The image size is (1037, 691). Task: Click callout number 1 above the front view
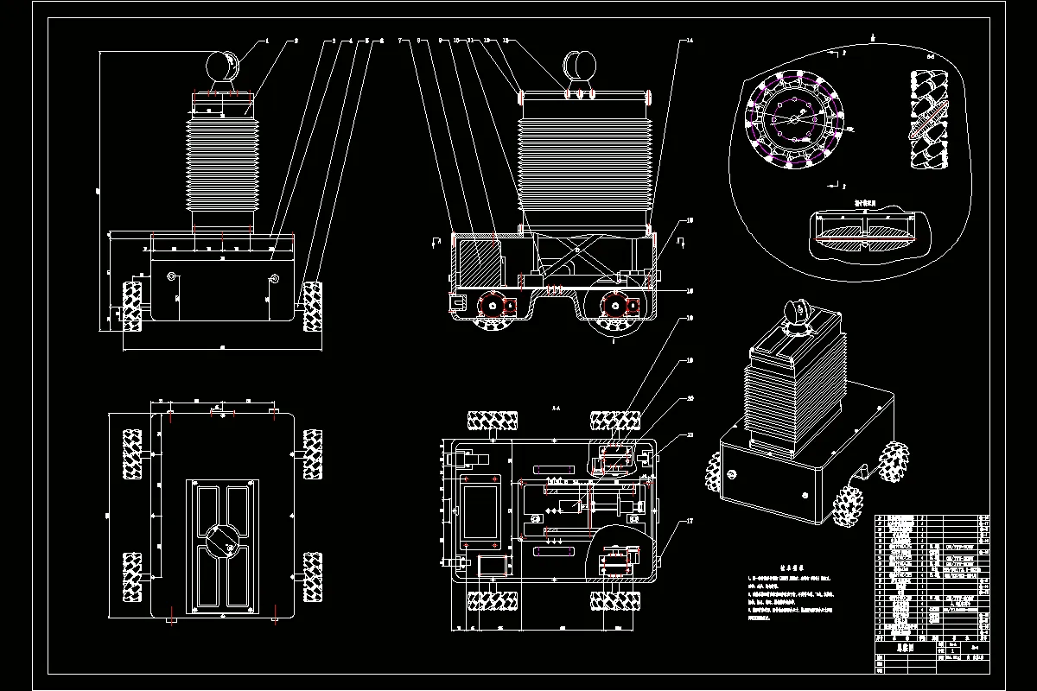point(268,40)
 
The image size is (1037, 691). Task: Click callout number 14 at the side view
point(689,40)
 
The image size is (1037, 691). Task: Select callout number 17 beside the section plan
point(689,521)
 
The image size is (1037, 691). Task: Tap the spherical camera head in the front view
point(223,67)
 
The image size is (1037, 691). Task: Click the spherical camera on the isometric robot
point(796,313)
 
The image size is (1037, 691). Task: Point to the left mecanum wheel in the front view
point(133,304)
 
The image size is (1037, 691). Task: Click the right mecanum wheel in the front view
point(312,304)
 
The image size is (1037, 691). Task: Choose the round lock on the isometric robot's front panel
point(733,473)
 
